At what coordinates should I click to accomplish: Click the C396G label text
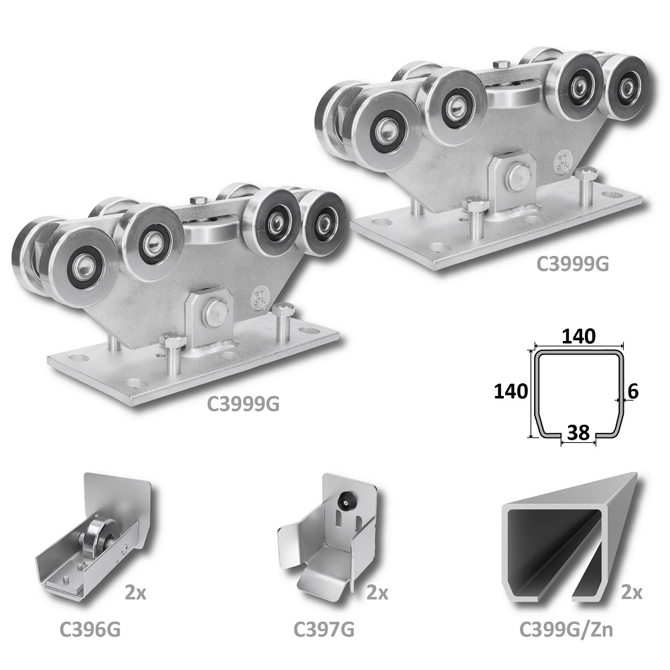click(90, 629)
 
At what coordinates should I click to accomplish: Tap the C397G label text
click(324, 629)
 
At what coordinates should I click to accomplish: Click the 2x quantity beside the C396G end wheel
click(135, 593)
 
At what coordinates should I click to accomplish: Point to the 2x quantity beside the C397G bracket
click(377, 593)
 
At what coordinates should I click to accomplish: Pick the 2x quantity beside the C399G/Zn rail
click(632, 593)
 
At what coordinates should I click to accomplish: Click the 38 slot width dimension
click(579, 432)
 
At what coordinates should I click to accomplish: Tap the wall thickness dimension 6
click(634, 391)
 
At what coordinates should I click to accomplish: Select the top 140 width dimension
click(578, 337)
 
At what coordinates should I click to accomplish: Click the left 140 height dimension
click(511, 391)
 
